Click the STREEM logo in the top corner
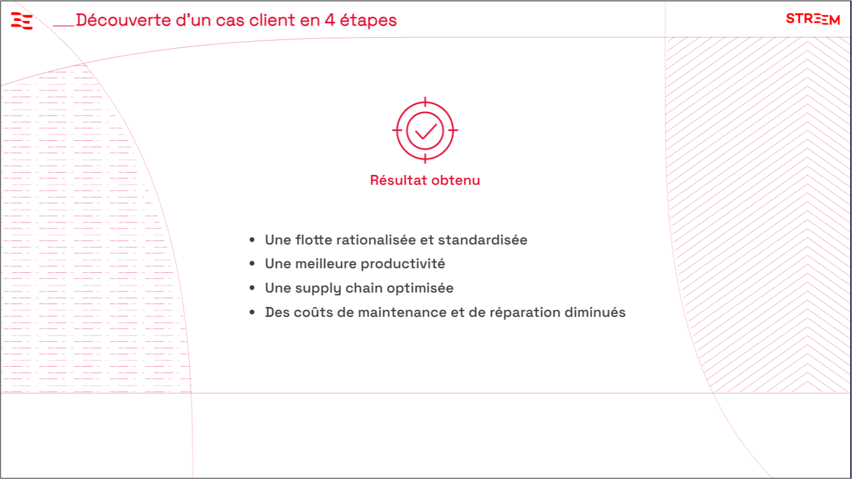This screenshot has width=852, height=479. point(813,19)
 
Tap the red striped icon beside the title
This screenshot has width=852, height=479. point(21,20)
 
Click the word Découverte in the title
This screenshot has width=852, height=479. point(123,20)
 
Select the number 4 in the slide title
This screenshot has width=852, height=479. point(330,20)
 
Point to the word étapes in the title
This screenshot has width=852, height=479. point(368,21)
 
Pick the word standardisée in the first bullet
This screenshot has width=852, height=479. point(482,240)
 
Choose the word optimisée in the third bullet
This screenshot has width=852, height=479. point(420,288)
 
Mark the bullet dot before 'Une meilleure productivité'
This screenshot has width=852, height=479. point(252,264)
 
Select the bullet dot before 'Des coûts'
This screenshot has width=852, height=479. point(252,312)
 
